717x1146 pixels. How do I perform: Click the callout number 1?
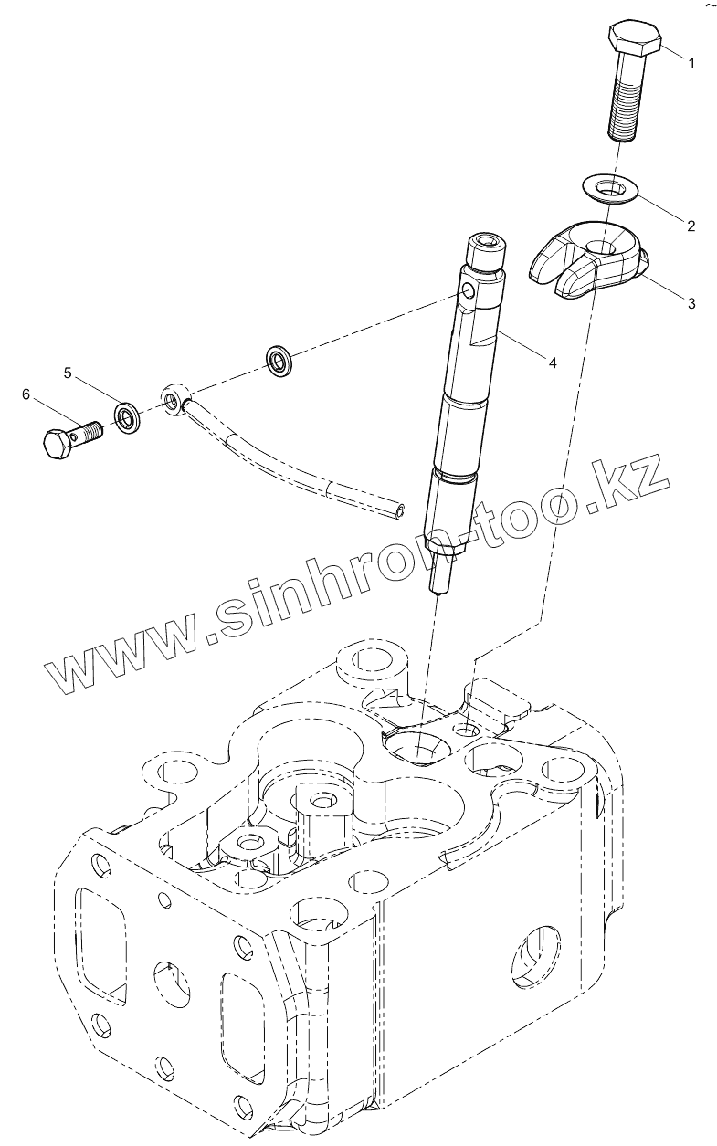coord(691,63)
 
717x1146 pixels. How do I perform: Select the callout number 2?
coord(691,225)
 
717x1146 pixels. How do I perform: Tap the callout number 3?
coord(691,303)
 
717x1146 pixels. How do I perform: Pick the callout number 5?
coord(68,373)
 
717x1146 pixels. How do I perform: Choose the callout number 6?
coord(26,394)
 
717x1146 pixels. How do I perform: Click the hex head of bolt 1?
coord(635,39)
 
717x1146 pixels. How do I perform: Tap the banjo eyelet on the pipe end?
coord(174,398)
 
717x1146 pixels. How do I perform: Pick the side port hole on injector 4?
coord(467,291)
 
